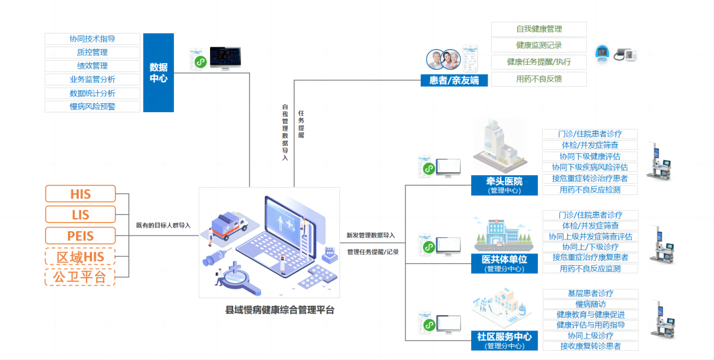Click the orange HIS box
80,194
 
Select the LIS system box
80,215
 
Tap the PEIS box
80,235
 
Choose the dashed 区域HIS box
80,256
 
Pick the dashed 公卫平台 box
80,277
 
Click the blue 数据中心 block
158,73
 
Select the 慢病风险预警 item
92,106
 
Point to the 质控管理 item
92,52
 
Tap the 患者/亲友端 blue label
454,80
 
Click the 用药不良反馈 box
538,79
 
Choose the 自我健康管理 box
538,29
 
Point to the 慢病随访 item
590,304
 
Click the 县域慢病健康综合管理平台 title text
280,310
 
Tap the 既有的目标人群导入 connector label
163,225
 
